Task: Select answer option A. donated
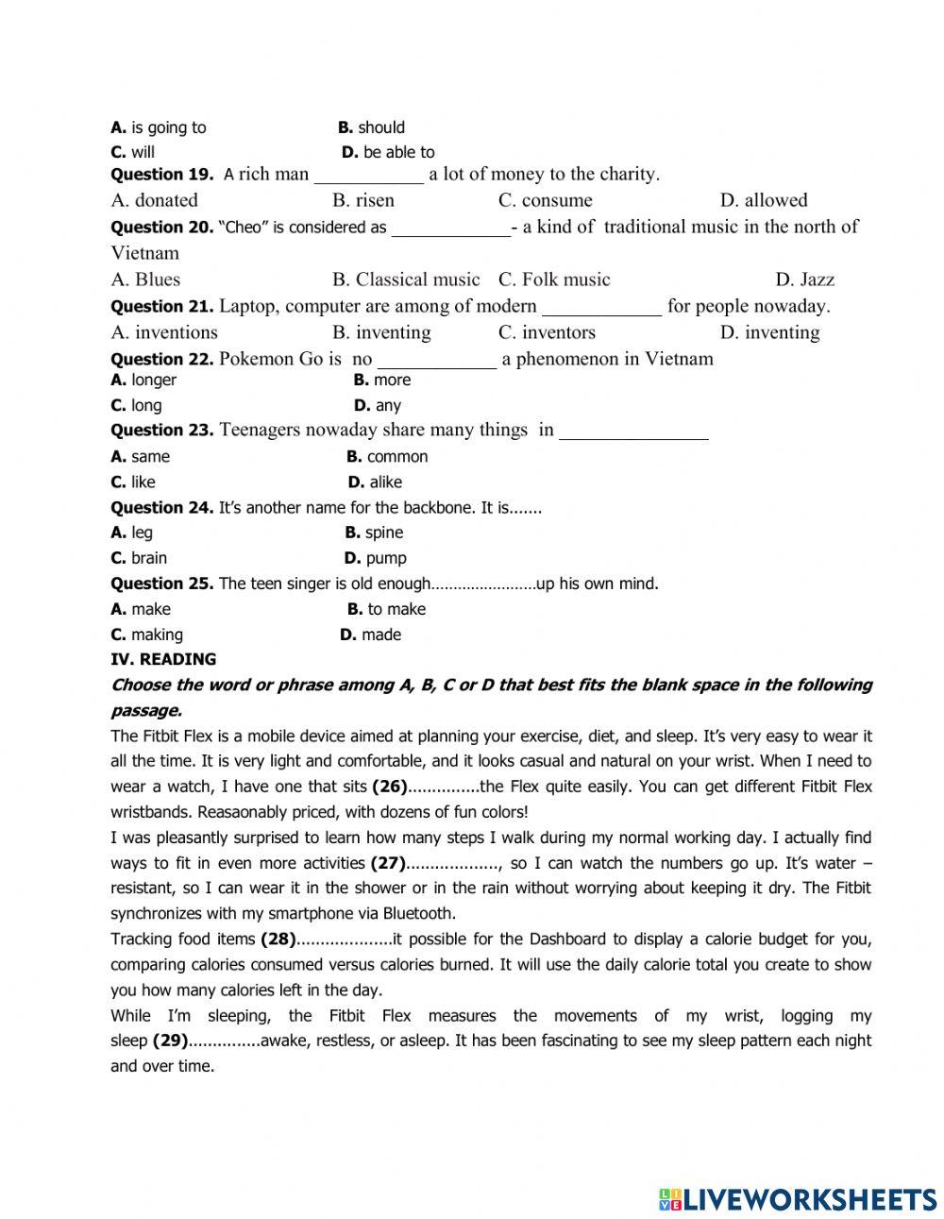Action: pos(155,200)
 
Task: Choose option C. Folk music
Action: pos(554,279)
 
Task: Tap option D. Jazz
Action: pos(804,279)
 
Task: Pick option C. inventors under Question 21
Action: pos(547,332)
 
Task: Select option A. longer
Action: pos(143,381)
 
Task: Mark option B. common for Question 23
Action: pos(387,457)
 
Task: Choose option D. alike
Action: pos(375,483)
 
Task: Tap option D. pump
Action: pos(375,559)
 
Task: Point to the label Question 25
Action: pos(161,584)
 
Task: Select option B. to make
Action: pos(386,610)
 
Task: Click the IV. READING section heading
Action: pos(163,660)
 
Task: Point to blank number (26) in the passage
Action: pos(389,787)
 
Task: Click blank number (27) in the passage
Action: pos(387,863)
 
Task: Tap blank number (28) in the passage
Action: pos(278,940)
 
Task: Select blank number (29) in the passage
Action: pos(170,1041)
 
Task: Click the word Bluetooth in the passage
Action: pos(418,914)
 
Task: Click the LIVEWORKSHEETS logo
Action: pos(798,1200)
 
